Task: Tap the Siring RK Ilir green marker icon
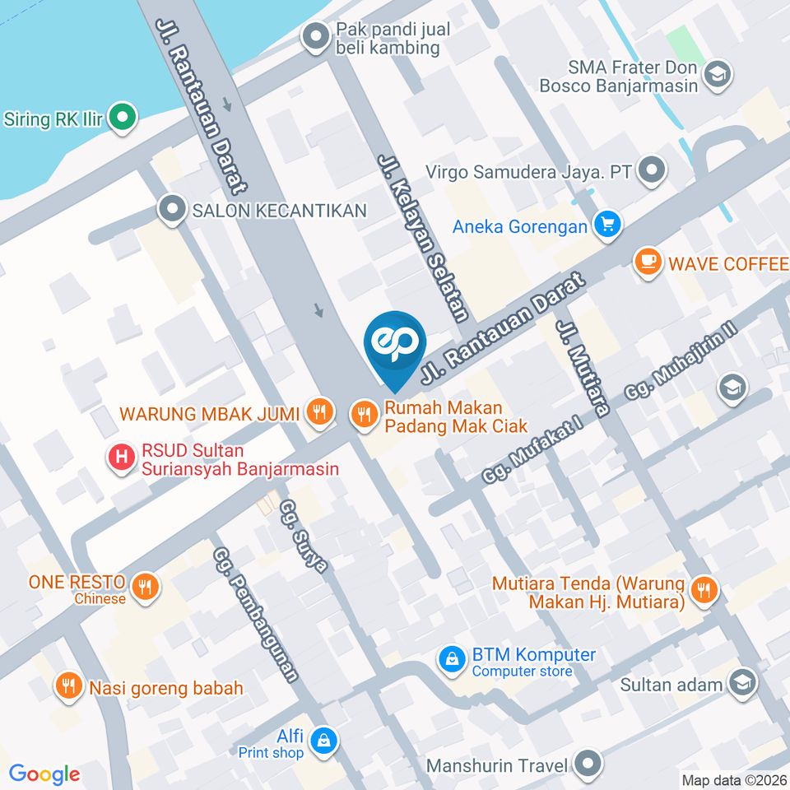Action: pyautogui.click(x=123, y=118)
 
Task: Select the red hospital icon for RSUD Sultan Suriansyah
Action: pyautogui.click(x=122, y=459)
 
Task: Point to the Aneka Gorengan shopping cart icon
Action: pyautogui.click(x=608, y=225)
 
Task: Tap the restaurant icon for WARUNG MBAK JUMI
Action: pyautogui.click(x=319, y=412)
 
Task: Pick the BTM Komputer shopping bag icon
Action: pyautogui.click(x=451, y=661)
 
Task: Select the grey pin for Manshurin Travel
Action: pyautogui.click(x=588, y=765)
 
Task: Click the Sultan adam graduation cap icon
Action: pyautogui.click(x=743, y=684)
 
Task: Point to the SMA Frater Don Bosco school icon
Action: pyautogui.click(x=718, y=75)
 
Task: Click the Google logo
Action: pyautogui.click(x=44, y=774)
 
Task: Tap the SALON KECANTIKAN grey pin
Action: pyautogui.click(x=173, y=211)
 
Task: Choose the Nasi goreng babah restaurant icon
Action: pyautogui.click(x=68, y=687)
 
